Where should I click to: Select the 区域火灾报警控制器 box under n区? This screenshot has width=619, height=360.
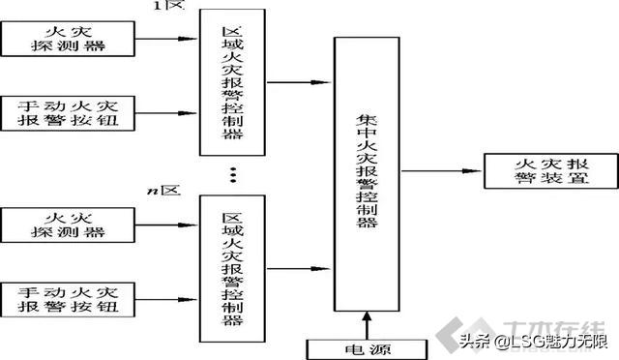point(231,267)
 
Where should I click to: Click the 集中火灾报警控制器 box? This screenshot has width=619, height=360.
point(367,175)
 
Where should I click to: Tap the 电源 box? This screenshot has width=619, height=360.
point(367,346)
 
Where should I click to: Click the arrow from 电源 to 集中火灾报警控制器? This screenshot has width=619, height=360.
point(367,322)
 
